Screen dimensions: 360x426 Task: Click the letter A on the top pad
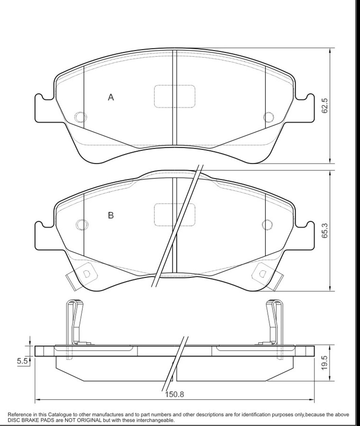pyautogui.click(x=111, y=97)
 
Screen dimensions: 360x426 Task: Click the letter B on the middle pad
pyautogui.click(x=111, y=215)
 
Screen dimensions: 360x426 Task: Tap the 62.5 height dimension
pyautogui.click(x=324, y=105)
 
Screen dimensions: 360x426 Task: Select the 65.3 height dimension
pyautogui.click(x=324, y=230)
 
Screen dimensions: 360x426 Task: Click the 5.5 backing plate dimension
pyautogui.click(x=22, y=361)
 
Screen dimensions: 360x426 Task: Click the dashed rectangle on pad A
pyautogui.click(x=175, y=96)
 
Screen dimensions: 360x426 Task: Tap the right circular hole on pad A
pyautogui.click(x=269, y=117)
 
